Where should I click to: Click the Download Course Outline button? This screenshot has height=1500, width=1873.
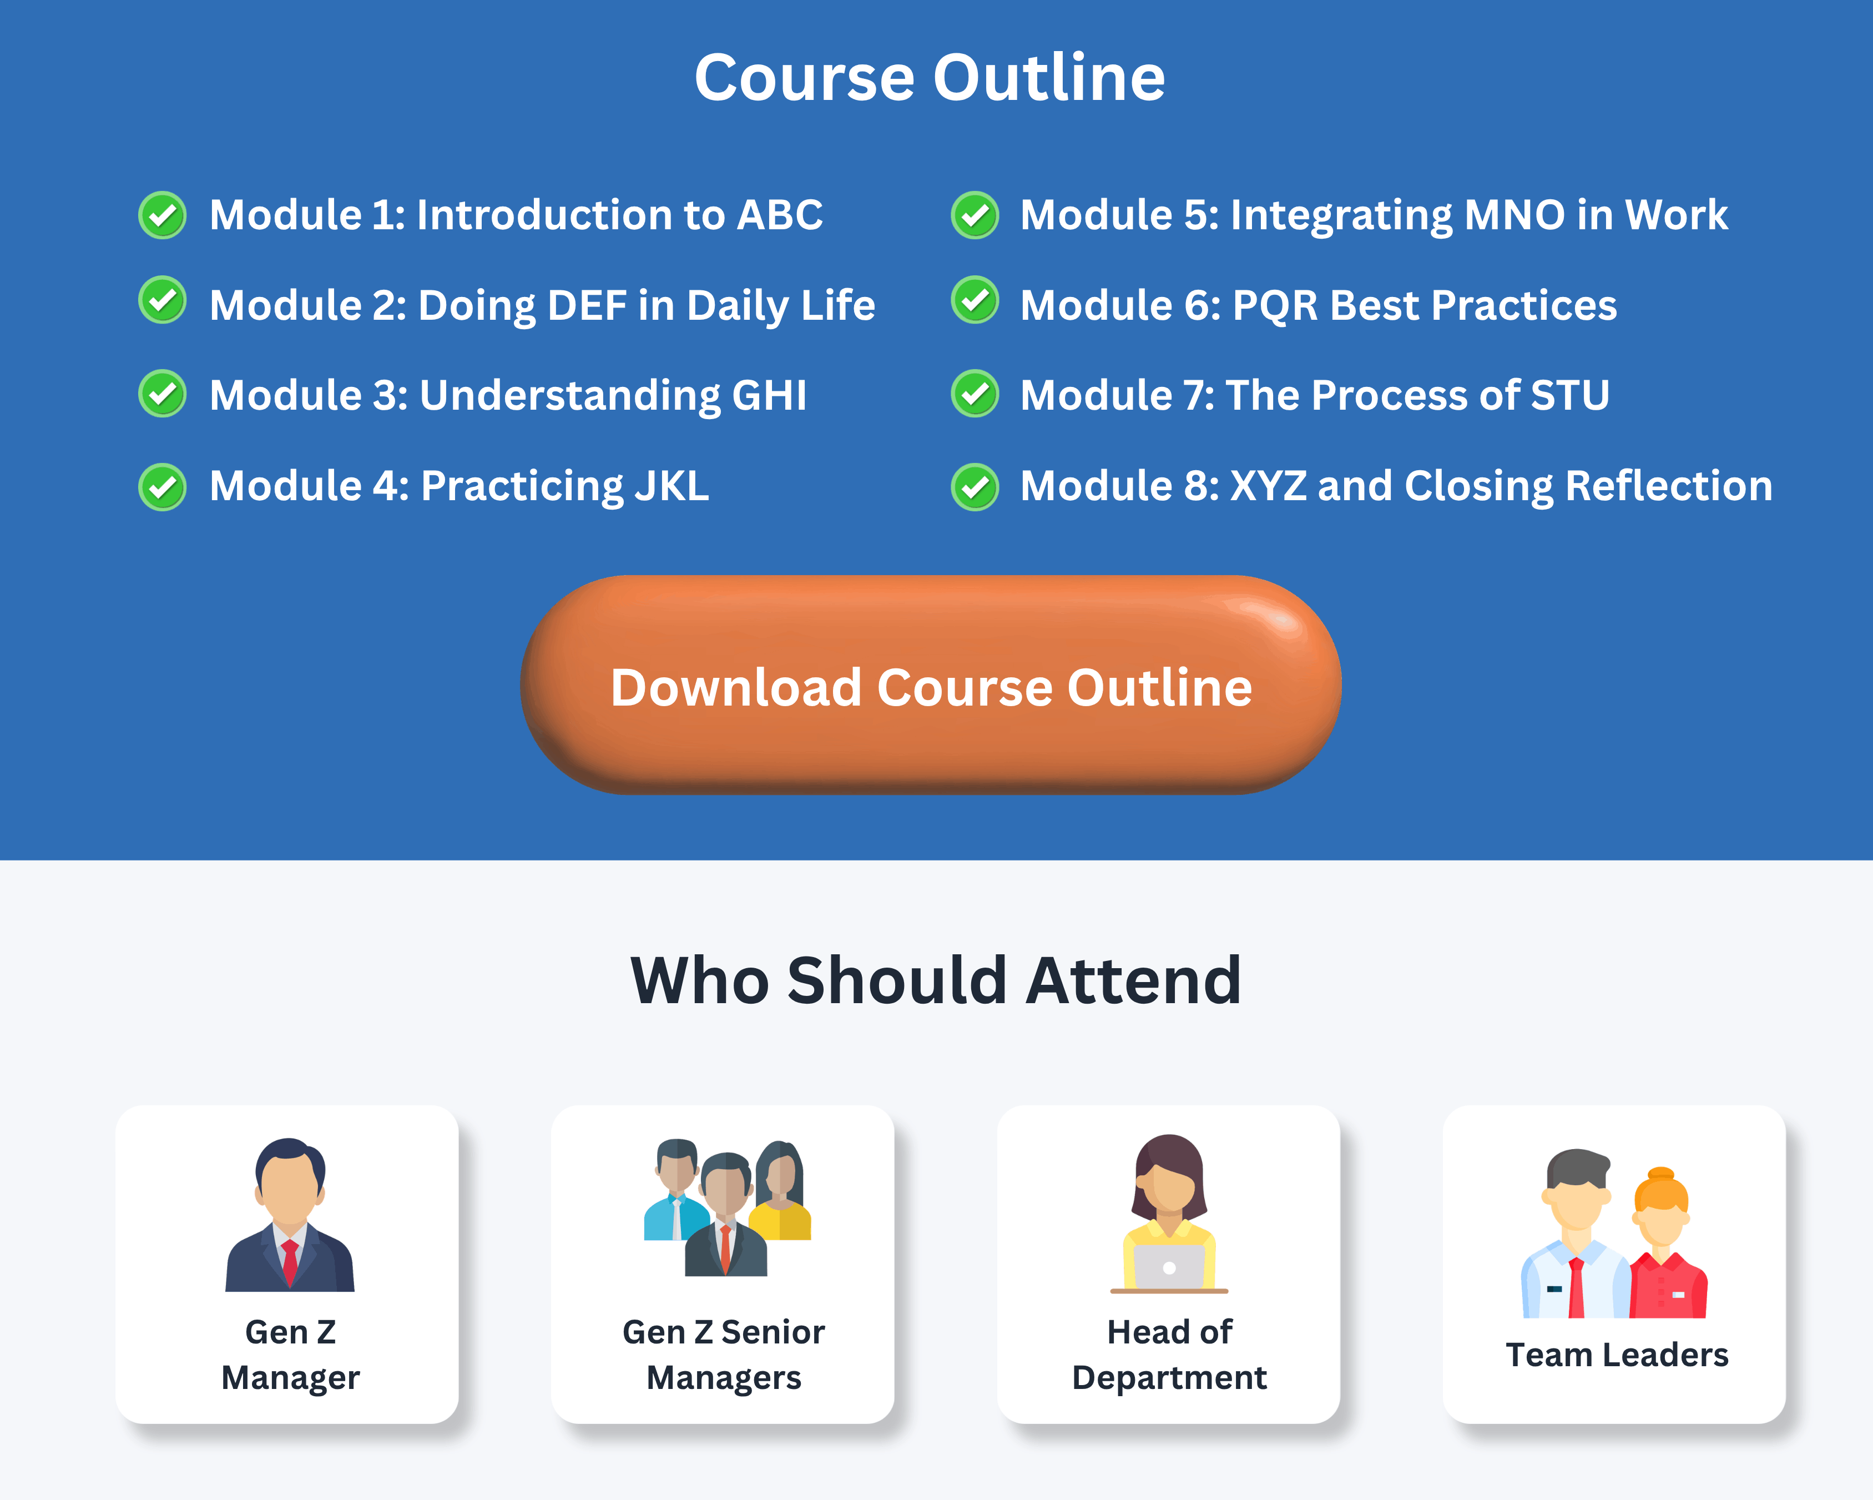[931, 685]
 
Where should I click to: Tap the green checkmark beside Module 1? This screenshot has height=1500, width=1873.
[163, 215]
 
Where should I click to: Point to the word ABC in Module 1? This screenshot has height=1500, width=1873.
[779, 215]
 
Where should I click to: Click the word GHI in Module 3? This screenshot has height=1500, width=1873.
[769, 395]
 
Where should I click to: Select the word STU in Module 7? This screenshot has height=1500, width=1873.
[1570, 395]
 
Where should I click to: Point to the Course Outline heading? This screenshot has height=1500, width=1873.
[930, 77]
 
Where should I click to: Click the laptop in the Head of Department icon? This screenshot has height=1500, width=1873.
[1169, 1267]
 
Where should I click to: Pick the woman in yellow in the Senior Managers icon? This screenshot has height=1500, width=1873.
[781, 1191]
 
